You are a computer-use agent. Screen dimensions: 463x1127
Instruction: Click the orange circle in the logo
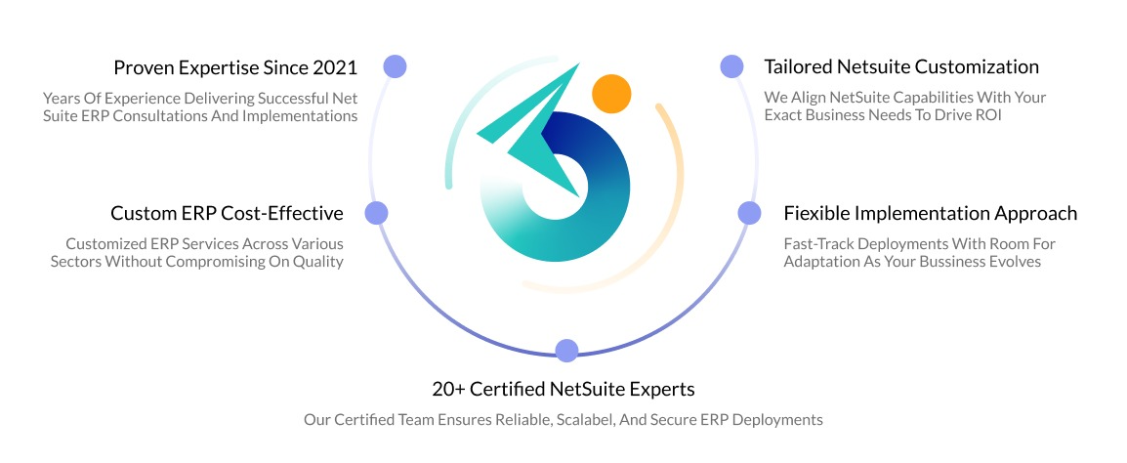pos(610,93)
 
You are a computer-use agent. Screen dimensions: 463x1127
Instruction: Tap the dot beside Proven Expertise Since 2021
pos(395,66)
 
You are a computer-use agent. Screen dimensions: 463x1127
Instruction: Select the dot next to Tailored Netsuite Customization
pos(731,66)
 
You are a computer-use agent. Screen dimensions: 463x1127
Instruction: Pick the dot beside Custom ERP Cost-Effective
pos(376,213)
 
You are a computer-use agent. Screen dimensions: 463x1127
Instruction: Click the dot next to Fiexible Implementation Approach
pos(749,213)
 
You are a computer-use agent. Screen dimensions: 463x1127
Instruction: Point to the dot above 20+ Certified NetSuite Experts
pos(566,350)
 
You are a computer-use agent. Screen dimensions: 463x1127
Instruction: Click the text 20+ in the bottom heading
pos(448,389)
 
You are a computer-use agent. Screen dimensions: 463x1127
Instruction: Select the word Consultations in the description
pos(183,116)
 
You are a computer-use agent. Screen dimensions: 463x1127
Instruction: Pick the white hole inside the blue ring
pos(556,186)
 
